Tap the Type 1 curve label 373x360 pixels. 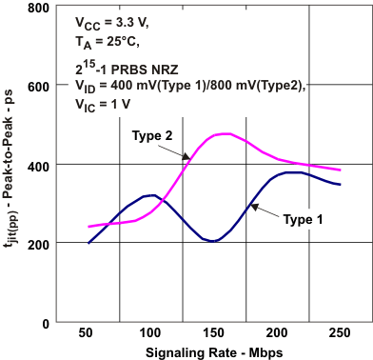[305, 218]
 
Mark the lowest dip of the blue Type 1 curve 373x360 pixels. [213, 241]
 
